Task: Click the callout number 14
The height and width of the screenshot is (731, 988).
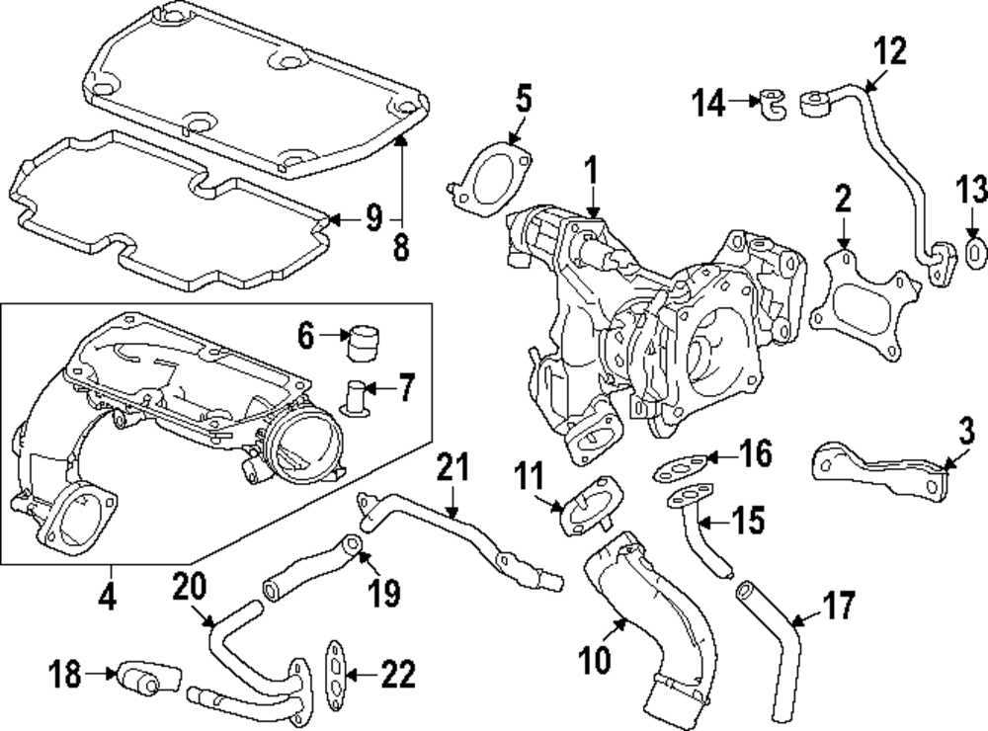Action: pos(708,102)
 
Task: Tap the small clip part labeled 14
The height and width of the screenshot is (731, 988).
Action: pos(772,104)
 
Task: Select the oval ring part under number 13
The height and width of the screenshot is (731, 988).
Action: pos(975,254)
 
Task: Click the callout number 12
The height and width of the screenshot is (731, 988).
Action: pos(890,51)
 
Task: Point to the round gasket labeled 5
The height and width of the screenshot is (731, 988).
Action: pos(490,181)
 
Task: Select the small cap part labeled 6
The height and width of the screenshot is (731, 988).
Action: pos(364,344)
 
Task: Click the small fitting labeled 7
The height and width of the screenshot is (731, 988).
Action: pos(354,398)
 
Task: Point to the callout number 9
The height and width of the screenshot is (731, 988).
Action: pos(373,218)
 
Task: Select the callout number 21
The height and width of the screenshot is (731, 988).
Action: pos(453,467)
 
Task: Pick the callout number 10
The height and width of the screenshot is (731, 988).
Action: pos(595,659)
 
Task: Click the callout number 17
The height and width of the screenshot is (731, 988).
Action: pos(838,605)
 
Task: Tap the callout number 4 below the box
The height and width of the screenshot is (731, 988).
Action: pos(108,596)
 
